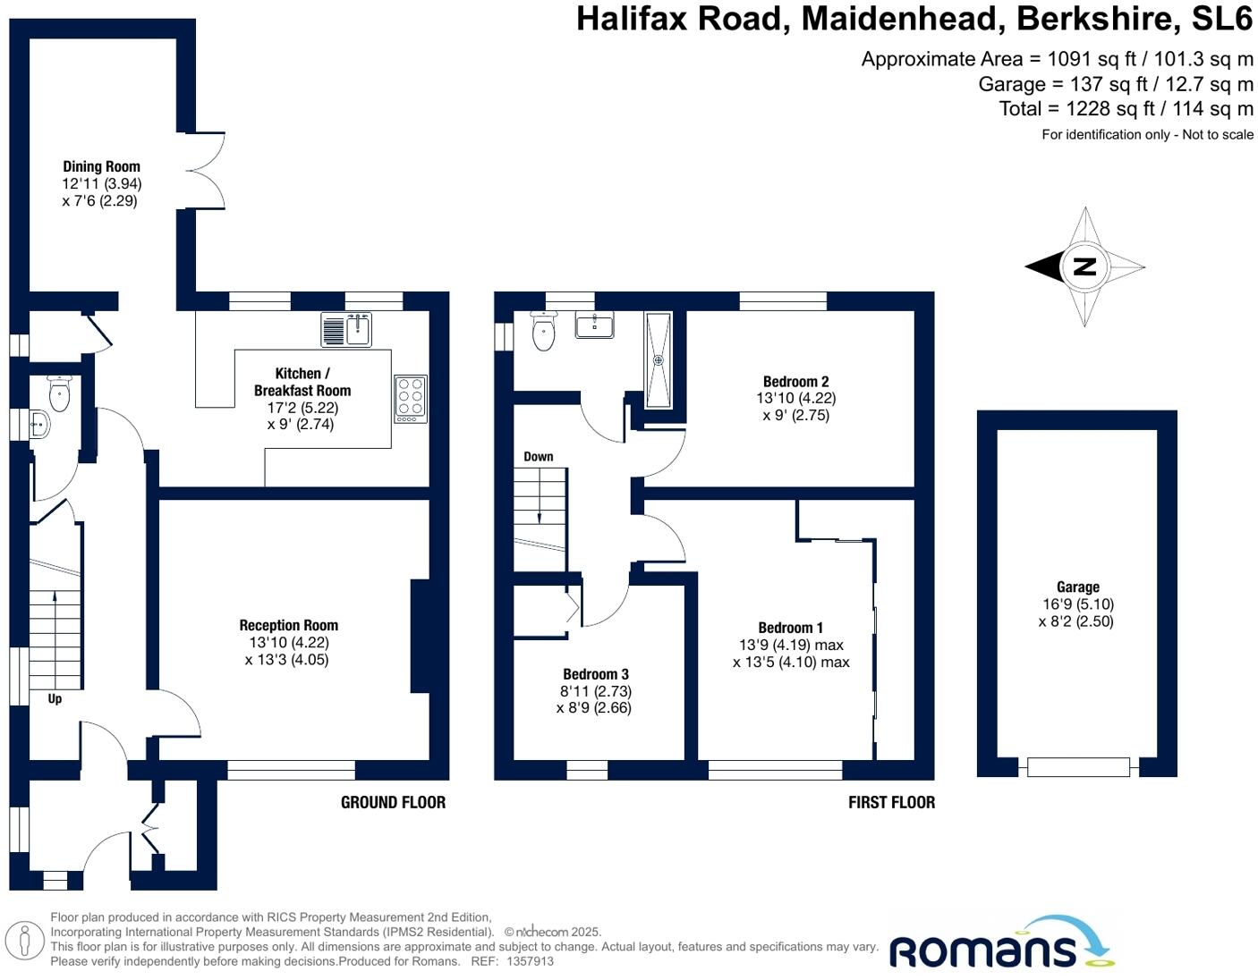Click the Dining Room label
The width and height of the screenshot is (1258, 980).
pyautogui.click(x=101, y=166)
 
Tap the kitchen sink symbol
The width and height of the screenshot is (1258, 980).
pyautogui.click(x=347, y=330)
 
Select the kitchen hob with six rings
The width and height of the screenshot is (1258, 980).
pyautogui.click(x=411, y=398)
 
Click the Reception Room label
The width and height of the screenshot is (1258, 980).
pyautogui.click(x=288, y=626)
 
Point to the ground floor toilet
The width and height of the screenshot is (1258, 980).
pyautogui.click(x=59, y=394)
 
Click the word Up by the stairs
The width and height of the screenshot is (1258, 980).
pyautogui.click(x=55, y=699)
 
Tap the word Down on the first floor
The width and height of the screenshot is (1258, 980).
pyautogui.click(x=538, y=457)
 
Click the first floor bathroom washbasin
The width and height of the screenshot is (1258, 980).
pyautogui.click(x=594, y=325)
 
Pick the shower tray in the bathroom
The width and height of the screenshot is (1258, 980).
pyautogui.click(x=658, y=359)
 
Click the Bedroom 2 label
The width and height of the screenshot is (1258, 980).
pyautogui.click(x=795, y=382)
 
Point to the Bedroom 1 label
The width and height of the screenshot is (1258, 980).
pyautogui.click(x=790, y=628)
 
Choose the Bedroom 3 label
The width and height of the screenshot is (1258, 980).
pyautogui.click(x=595, y=674)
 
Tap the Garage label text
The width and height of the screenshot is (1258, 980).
pyautogui.click(x=1077, y=587)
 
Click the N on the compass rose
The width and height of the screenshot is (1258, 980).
pyautogui.click(x=1084, y=266)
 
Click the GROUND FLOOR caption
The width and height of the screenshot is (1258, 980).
pyautogui.click(x=393, y=802)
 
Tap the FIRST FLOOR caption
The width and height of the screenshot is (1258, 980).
pyautogui.click(x=891, y=802)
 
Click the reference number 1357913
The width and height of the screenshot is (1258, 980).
pyautogui.click(x=530, y=962)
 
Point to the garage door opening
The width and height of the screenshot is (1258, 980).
pyautogui.click(x=1078, y=766)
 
